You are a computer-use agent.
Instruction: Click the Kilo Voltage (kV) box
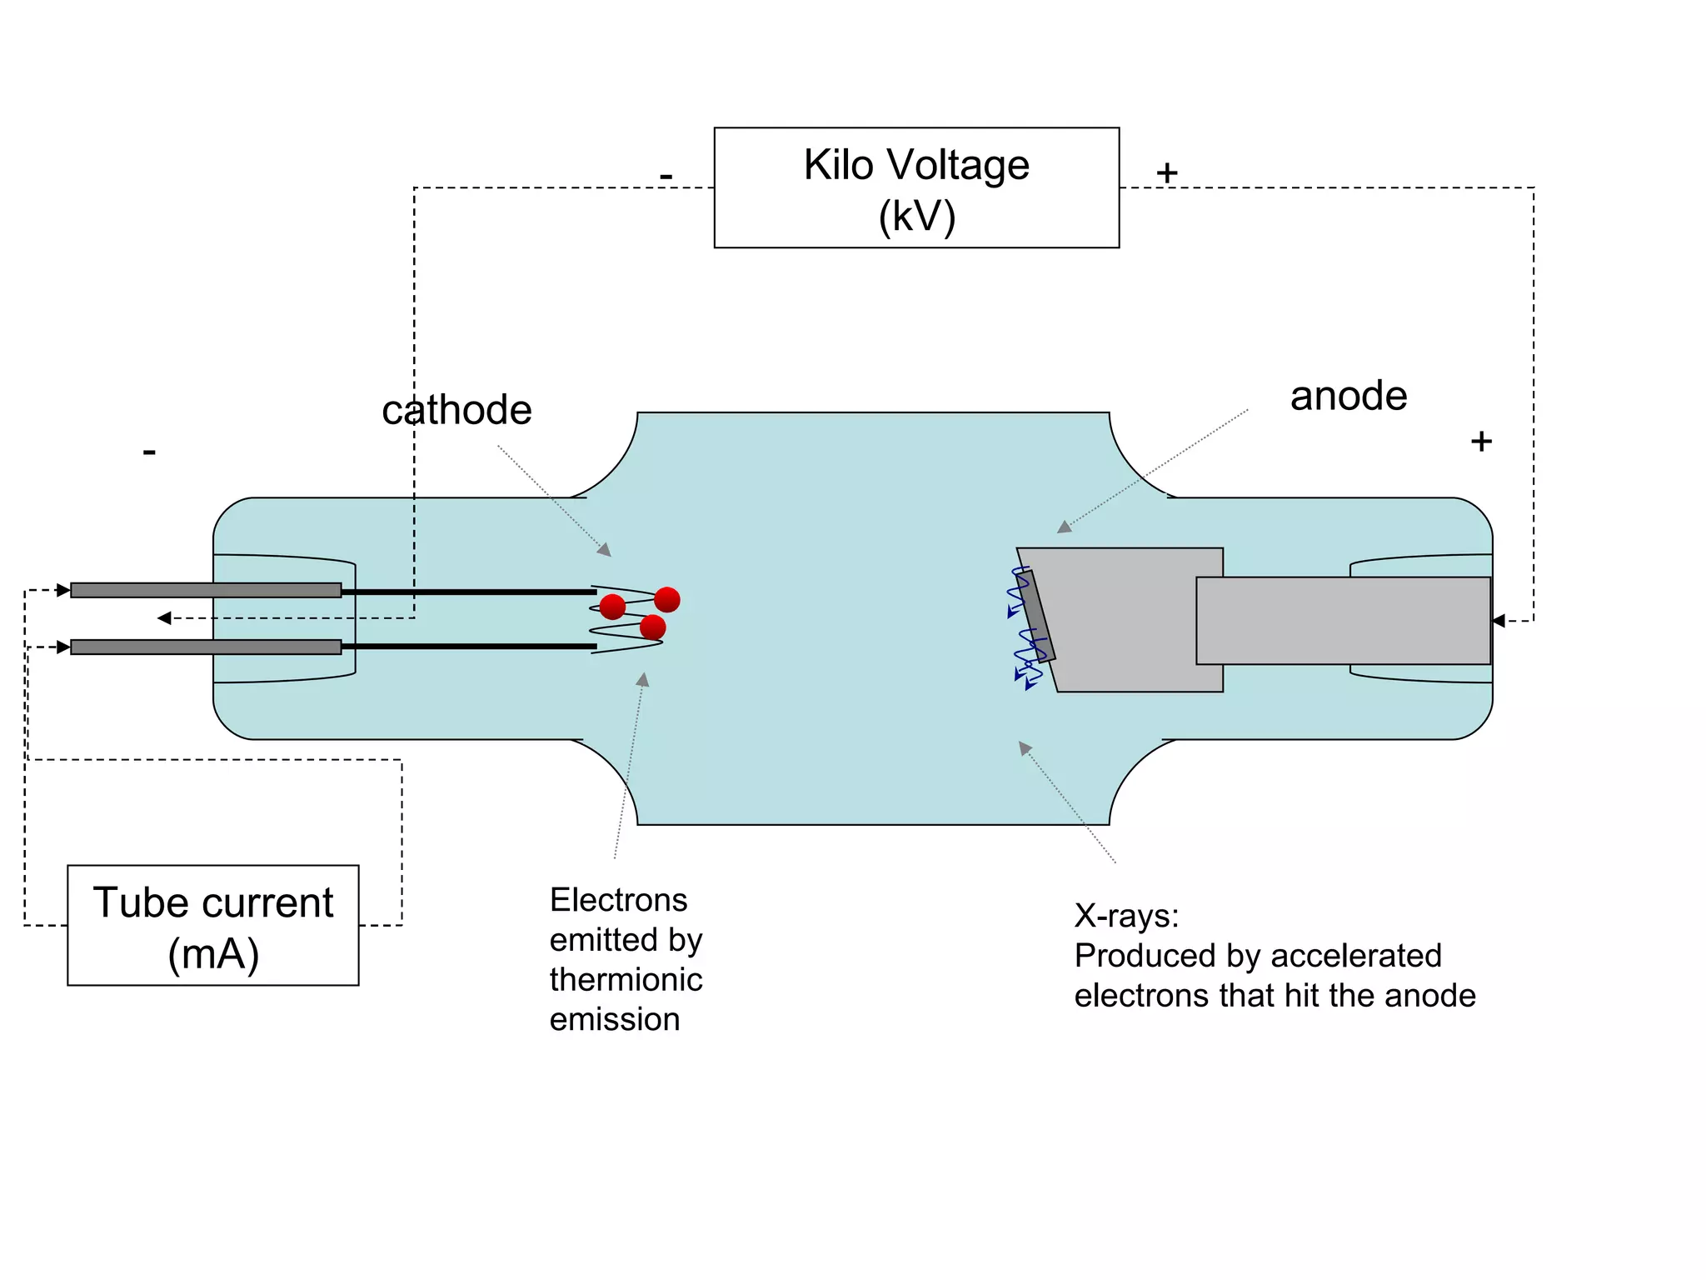click(916, 187)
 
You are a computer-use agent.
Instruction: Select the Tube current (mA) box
click(213, 925)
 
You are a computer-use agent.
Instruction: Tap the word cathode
click(456, 410)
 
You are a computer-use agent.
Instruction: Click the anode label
click(1349, 396)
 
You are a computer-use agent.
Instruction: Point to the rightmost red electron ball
click(667, 599)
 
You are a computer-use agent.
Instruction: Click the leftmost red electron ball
click(612, 607)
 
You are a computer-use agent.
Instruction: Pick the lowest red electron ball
click(653, 627)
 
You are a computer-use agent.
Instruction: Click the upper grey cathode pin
click(206, 590)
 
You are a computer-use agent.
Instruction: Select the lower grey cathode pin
click(206, 647)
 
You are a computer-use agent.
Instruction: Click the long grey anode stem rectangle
click(1343, 621)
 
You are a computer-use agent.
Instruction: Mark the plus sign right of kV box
click(1167, 173)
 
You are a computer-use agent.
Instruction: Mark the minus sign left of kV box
click(666, 177)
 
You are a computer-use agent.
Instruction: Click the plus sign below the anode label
click(1481, 441)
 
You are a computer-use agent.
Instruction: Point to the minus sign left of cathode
click(149, 452)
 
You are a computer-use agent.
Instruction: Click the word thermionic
click(626, 980)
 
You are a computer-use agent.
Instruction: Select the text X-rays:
click(1126, 916)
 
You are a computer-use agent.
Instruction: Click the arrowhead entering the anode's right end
click(1499, 621)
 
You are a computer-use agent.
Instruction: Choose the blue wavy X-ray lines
click(1024, 633)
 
